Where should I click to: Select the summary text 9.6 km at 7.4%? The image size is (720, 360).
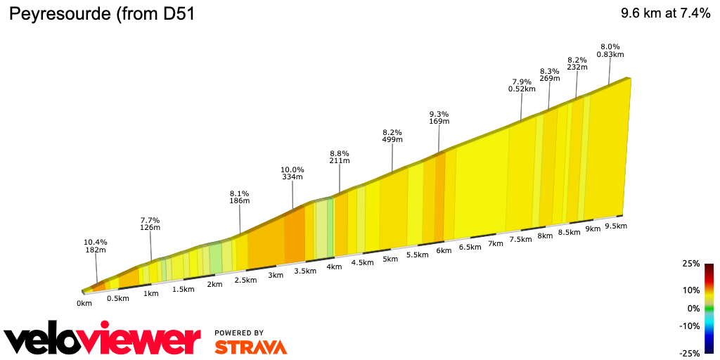(x=665, y=13)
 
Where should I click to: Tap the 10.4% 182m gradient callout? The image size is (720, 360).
(x=96, y=246)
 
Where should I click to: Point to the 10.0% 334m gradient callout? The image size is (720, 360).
(x=292, y=174)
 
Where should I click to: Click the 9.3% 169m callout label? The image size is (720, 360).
(x=439, y=118)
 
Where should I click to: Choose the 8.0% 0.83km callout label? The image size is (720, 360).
(x=610, y=51)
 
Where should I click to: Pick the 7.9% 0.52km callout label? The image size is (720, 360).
(x=521, y=85)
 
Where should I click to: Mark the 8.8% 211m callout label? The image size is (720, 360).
(x=340, y=157)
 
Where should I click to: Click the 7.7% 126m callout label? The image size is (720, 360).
(x=150, y=223)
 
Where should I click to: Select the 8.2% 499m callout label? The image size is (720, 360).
(x=392, y=136)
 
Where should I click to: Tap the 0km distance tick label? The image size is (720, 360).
(x=84, y=304)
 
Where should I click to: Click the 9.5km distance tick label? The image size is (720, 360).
(x=615, y=226)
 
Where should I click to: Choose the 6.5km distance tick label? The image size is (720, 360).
(x=470, y=247)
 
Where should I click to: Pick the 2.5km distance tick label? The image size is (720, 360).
(x=245, y=280)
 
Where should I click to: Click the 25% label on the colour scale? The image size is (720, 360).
(x=690, y=264)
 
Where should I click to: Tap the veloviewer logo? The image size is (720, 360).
(x=103, y=341)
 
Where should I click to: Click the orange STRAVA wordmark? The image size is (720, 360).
(x=250, y=347)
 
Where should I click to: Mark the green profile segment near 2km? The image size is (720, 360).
(x=216, y=257)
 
